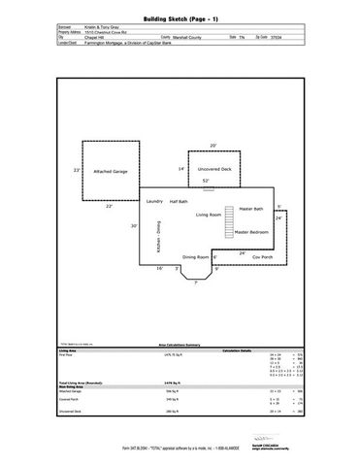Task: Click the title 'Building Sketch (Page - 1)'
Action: click(x=180, y=17)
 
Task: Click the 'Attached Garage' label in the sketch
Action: click(x=111, y=171)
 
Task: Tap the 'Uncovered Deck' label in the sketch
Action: click(x=214, y=169)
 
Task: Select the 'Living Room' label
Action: click(x=209, y=214)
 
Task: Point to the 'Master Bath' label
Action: click(x=253, y=209)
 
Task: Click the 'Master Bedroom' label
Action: click(x=251, y=233)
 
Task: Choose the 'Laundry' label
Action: click(x=153, y=201)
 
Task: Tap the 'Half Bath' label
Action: click(x=179, y=201)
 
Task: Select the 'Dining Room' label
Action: click(x=197, y=257)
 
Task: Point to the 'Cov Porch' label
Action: click(x=263, y=257)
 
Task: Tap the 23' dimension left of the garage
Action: click(x=77, y=170)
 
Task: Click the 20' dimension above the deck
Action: click(x=213, y=146)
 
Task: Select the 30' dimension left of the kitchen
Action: click(x=135, y=225)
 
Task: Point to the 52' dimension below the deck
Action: click(x=206, y=181)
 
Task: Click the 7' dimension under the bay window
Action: click(x=195, y=283)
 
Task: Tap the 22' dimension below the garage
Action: click(x=109, y=206)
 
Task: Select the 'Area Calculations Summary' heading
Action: click(x=180, y=344)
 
